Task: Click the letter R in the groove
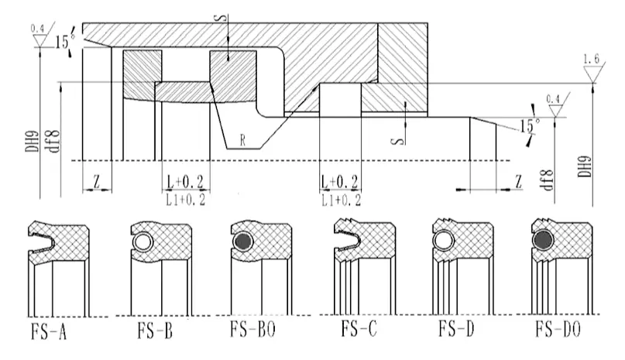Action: pos(242,140)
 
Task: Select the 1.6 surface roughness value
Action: pos(592,59)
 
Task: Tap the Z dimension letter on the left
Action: pos(96,181)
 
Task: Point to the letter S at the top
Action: pos(222,17)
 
